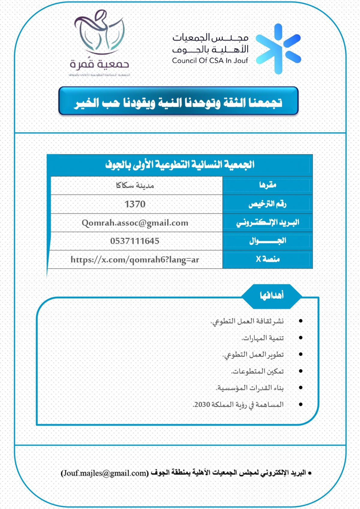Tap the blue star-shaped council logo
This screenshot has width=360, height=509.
(x=278, y=49)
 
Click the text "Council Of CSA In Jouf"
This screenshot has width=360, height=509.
(x=210, y=61)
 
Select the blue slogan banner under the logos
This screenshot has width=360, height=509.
(x=178, y=101)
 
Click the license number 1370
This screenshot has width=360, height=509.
(x=135, y=204)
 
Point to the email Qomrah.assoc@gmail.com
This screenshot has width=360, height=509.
(x=135, y=223)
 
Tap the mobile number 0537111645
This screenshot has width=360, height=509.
(x=135, y=241)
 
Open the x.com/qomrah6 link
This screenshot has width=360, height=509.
(x=135, y=259)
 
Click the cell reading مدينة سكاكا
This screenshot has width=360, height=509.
(x=135, y=186)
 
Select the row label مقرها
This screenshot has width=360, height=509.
(x=268, y=185)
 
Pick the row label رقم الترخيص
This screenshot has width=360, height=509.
(x=268, y=204)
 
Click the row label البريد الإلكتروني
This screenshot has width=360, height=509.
(x=268, y=223)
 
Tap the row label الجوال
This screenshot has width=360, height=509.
(x=268, y=241)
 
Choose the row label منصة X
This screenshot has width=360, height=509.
(x=268, y=259)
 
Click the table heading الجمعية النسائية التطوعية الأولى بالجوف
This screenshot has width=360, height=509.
(x=180, y=165)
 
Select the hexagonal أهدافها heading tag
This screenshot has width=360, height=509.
(x=271, y=296)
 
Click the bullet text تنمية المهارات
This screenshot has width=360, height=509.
(x=263, y=338)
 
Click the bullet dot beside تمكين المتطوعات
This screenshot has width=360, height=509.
(x=301, y=371)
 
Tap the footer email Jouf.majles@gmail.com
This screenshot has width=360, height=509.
(x=105, y=473)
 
